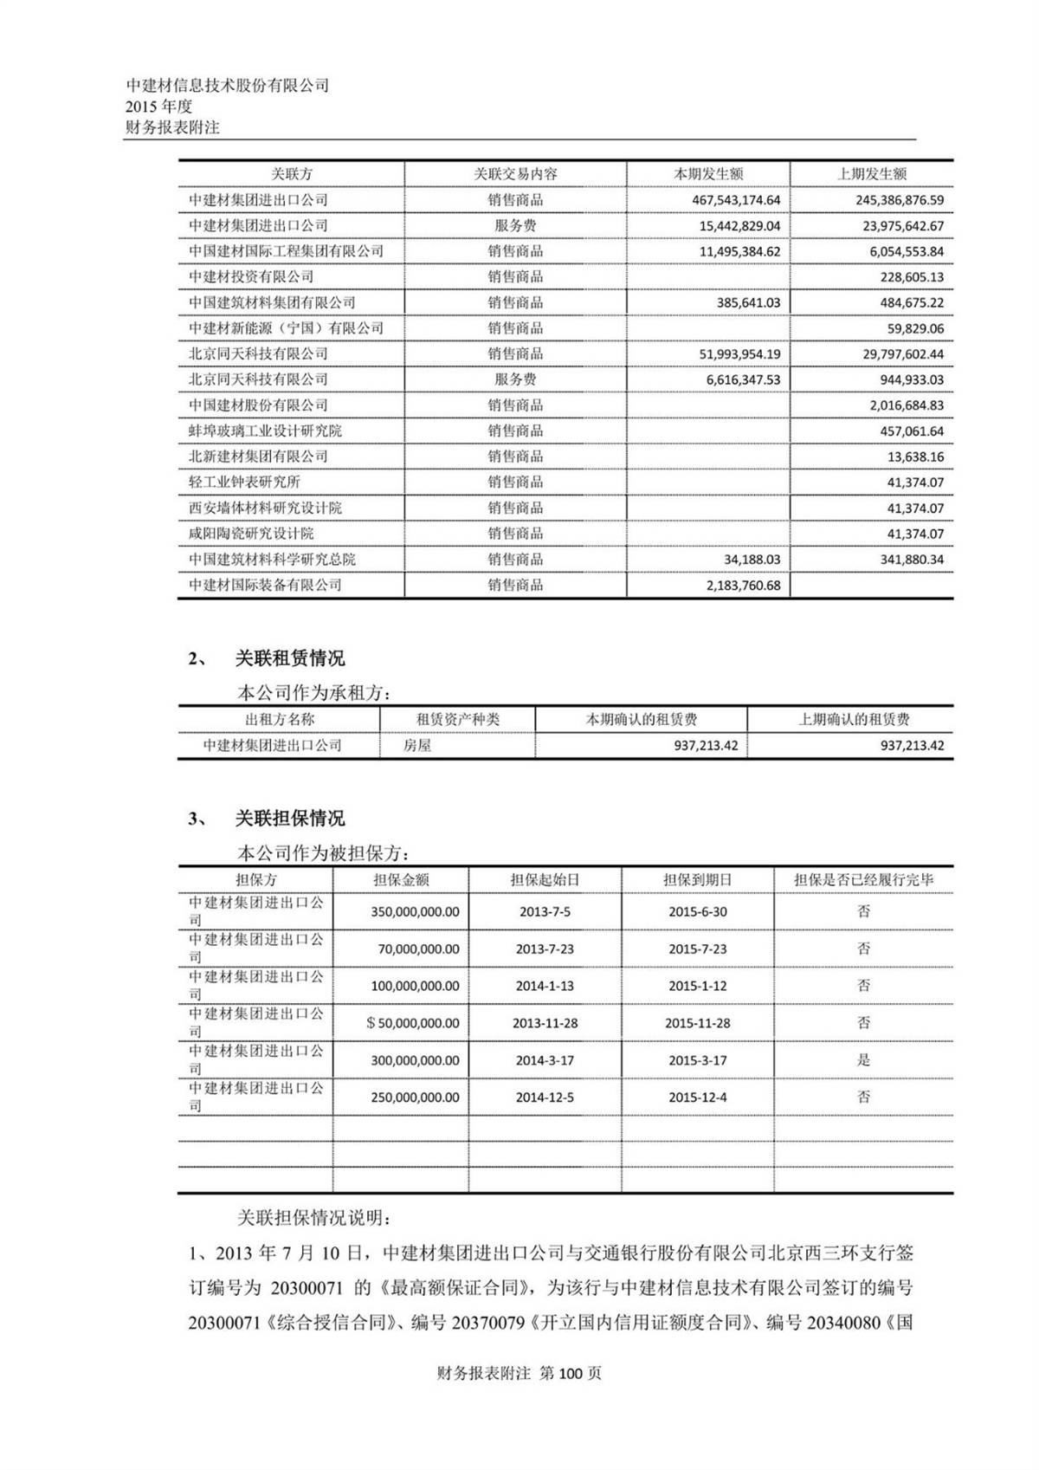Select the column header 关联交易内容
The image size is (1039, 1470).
coord(515,174)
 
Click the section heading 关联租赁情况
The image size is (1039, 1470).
coord(289,659)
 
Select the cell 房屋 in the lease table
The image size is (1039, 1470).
coord(417,746)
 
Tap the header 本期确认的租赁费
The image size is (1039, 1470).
coord(641,720)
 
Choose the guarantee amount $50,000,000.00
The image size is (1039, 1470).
coord(413,1023)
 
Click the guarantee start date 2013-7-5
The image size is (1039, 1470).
coord(545,912)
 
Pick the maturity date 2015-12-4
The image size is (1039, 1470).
coord(697,1098)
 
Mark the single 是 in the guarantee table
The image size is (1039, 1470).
coord(863,1060)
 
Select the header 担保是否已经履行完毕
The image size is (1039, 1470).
coord(863,880)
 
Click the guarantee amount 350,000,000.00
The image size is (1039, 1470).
coord(415,912)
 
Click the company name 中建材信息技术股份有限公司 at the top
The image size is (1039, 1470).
coord(228,86)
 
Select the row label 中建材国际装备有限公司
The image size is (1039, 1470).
coord(265,586)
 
